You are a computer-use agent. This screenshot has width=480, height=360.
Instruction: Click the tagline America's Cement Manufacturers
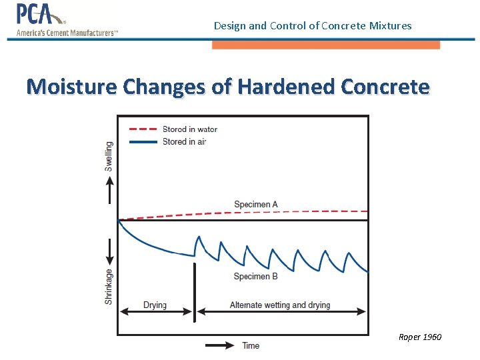click(x=67, y=33)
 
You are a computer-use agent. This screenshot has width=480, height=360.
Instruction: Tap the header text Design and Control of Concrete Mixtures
click(x=313, y=26)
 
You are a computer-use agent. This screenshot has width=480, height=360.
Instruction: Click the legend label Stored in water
click(x=190, y=129)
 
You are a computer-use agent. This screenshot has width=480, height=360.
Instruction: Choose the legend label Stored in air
click(x=184, y=141)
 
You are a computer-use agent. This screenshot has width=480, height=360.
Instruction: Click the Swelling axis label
click(x=109, y=156)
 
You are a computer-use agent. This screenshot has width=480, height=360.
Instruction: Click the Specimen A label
click(x=256, y=204)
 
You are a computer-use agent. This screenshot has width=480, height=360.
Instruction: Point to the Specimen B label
click(x=256, y=276)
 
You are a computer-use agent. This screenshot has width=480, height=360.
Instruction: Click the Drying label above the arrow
click(x=155, y=305)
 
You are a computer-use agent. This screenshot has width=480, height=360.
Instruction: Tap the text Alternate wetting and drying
click(x=280, y=305)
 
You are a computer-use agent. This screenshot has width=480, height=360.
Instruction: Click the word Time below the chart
click(x=251, y=345)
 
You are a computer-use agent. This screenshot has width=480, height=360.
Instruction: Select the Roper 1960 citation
click(x=419, y=337)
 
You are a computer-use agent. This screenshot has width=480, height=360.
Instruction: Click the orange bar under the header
click(x=326, y=45)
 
